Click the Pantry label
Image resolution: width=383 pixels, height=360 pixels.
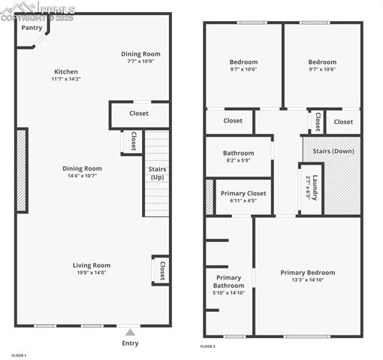pyautogui.click(x=32, y=28)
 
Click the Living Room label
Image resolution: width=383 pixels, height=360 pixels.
pyautogui.click(x=91, y=265)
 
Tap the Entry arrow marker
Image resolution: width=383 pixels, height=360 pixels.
pyautogui.click(x=130, y=331)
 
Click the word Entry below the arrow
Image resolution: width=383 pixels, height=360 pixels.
pyautogui.click(x=130, y=343)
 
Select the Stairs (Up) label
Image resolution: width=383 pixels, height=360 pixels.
pyautogui.click(x=157, y=174)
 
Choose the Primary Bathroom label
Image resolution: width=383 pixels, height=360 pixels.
pyautogui.click(x=228, y=281)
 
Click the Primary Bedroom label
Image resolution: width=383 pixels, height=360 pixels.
pyautogui.click(x=308, y=272)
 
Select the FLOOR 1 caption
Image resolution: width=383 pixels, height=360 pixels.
pyautogui.click(x=19, y=355)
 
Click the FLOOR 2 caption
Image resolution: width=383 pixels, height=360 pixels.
pyautogui.click(x=208, y=346)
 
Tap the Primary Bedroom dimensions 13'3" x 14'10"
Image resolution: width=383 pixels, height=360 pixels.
pyautogui.click(x=308, y=280)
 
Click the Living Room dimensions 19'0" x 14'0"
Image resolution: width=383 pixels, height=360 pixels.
pyautogui.click(x=91, y=273)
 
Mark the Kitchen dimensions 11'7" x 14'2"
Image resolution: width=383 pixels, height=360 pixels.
pyautogui.click(x=65, y=78)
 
